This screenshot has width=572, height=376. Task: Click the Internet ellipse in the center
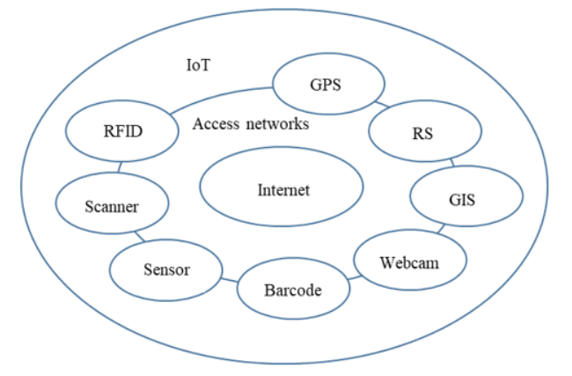(x=282, y=189)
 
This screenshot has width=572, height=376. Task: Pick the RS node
(x=425, y=135)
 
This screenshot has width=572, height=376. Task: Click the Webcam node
(x=409, y=261)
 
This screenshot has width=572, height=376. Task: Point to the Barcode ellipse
(x=293, y=290)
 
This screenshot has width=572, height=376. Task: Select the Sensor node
(x=166, y=269)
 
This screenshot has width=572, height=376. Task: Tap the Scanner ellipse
(x=111, y=207)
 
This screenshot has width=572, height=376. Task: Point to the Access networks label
(x=251, y=124)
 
